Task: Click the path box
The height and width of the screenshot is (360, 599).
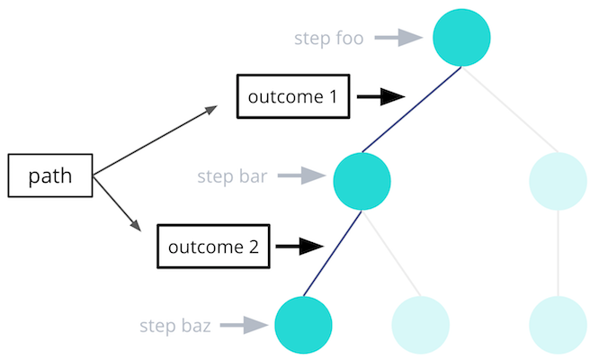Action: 50,175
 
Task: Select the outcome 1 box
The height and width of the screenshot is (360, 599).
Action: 293,96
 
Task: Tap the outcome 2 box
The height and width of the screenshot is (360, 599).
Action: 213,247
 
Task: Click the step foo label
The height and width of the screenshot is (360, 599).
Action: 328,38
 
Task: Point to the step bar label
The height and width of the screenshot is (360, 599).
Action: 232,176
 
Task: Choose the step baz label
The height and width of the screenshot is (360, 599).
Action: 175,326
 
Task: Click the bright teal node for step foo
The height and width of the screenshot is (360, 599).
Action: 461,38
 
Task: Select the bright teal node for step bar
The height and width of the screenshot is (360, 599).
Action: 362,181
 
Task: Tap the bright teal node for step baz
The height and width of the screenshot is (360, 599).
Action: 303,325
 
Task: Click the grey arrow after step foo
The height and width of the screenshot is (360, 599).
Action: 398,38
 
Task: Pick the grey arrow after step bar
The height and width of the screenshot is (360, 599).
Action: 301,175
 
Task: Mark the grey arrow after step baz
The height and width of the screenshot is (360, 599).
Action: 244,325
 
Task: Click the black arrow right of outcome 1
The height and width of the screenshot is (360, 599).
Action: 380,96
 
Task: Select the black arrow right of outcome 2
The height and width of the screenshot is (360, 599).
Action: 299,246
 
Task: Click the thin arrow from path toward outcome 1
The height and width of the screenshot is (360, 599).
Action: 155,140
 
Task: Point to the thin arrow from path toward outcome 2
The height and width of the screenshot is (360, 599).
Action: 117,203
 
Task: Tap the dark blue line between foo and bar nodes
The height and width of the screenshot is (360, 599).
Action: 412,109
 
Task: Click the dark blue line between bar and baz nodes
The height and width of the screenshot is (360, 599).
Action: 333,254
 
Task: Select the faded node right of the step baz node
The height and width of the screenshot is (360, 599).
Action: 420,325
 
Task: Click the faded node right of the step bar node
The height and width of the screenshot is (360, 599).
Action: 558,181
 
